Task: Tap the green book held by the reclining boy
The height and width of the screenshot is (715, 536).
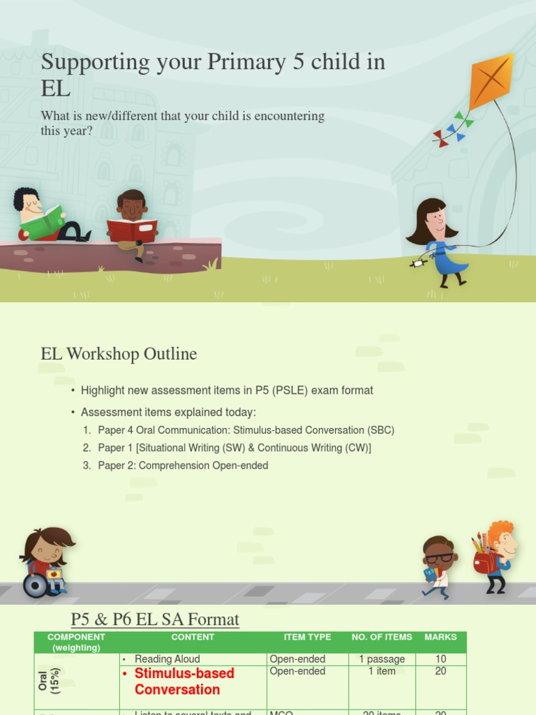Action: pyautogui.click(x=43, y=222)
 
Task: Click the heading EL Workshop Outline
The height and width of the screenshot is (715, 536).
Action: pyautogui.click(x=119, y=354)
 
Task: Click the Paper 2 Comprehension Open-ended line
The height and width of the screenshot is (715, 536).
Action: pyautogui.click(x=183, y=465)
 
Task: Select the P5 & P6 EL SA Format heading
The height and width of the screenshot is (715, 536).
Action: pyautogui.click(x=155, y=619)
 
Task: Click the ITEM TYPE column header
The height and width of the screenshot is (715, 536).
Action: pyautogui.click(x=308, y=637)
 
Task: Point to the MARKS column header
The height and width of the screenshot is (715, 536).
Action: pyautogui.click(x=440, y=637)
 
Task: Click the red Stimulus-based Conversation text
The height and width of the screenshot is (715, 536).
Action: pyautogui.click(x=184, y=681)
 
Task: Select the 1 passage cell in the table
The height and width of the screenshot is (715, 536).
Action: pyautogui.click(x=382, y=659)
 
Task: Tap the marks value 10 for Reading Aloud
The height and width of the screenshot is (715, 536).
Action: pyautogui.click(x=440, y=659)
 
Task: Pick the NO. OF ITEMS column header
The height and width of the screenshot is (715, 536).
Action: pyautogui.click(x=382, y=637)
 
